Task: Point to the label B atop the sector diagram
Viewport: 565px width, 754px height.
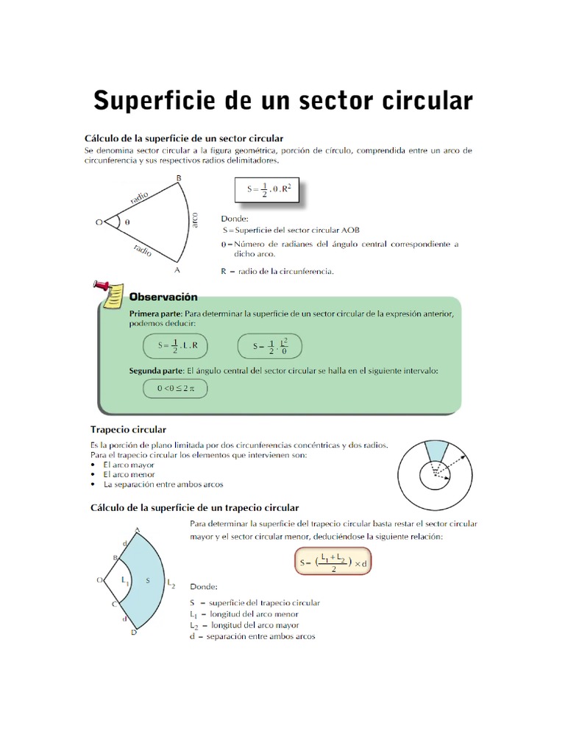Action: (x=179, y=178)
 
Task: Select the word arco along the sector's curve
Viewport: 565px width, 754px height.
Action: (x=194, y=219)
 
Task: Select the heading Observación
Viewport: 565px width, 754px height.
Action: (x=163, y=297)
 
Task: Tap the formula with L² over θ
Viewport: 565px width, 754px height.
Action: (x=271, y=345)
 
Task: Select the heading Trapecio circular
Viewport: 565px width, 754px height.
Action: (x=128, y=429)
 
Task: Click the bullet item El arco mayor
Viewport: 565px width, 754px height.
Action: (x=129, y=465)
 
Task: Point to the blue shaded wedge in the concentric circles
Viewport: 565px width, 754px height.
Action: (x=436, y=451)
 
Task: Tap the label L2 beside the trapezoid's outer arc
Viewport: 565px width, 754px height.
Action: (x=171, y=584)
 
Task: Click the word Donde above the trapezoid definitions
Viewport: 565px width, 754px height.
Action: (x=203, y=588)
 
